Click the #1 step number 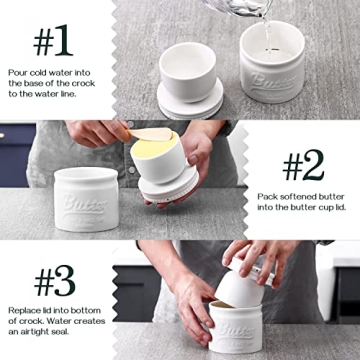tap(52, 43)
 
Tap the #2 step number tap(303, 165)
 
